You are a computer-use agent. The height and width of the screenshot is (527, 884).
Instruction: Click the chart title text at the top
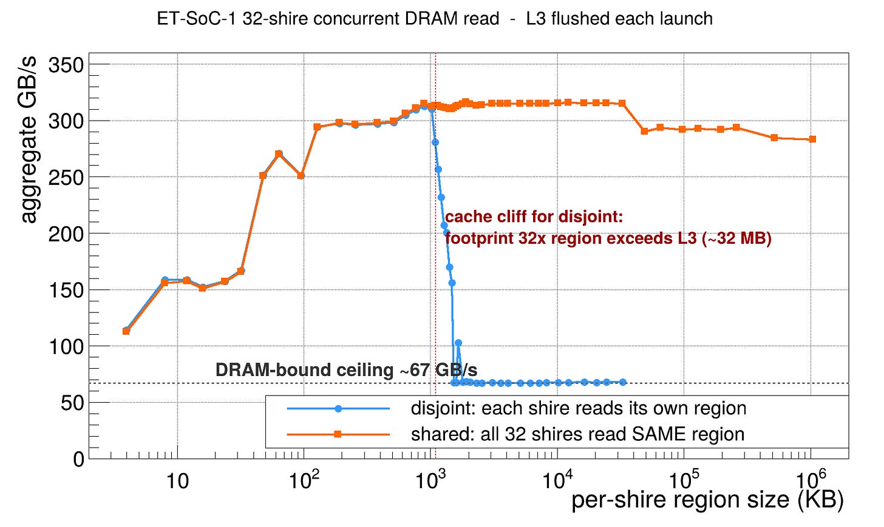(435, 19)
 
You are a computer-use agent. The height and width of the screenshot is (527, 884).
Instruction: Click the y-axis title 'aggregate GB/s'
(29, 139)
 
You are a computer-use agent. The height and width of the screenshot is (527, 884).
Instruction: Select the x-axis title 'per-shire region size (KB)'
(707, 500)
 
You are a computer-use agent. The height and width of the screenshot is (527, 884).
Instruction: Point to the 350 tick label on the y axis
(66, 64)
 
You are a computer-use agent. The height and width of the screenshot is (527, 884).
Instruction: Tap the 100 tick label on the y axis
(66, 346)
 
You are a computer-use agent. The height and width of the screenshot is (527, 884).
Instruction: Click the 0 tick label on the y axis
(78, 459)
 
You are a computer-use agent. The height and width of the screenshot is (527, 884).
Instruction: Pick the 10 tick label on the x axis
(177, 482)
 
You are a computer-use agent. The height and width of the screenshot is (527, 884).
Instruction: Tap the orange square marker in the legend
(338, 434)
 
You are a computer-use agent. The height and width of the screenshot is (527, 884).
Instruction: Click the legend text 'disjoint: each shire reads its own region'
(579, 408)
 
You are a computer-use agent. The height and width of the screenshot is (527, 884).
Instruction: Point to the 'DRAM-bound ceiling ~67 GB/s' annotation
(346, 370)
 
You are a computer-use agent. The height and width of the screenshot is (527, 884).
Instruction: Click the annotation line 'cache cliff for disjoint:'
(534, 217)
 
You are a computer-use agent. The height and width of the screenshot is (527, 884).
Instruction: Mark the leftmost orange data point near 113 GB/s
(126, 331)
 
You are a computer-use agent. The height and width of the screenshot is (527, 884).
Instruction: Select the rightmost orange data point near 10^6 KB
(812, 139)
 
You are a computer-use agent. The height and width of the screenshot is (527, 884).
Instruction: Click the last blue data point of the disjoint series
(623, 382)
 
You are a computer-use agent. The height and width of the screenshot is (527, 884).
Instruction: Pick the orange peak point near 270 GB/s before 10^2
(279, 154)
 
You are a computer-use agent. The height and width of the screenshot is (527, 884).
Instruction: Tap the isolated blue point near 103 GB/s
(458, 343)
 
